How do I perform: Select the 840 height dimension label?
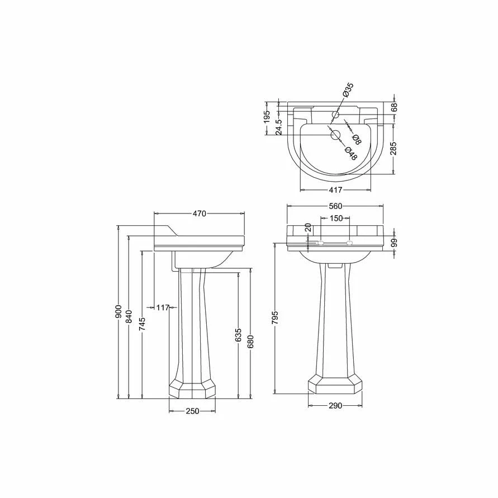(129, 317)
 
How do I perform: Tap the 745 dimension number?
(143, 324)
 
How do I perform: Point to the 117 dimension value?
(163, 307)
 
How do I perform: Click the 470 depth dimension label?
(200, 214)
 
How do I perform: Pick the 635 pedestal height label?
(239, 335)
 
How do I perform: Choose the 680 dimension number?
(251, 342)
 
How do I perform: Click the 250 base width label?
(192, 411)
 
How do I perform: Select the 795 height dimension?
(275, 317)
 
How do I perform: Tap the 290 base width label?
(335, 406)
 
